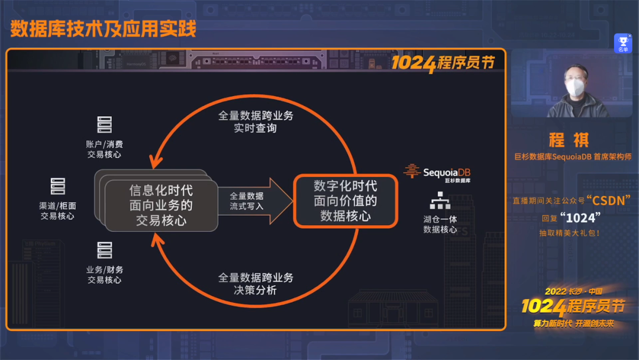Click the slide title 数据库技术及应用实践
(x=103, y=29)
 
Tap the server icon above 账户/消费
(x=105, y=125)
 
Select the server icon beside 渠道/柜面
(x=57, y=187)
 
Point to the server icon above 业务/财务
(x=105, y=250)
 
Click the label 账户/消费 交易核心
(x=105, y=149)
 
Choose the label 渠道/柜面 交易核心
(x=57, y=211)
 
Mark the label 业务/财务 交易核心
(x=105, y=275)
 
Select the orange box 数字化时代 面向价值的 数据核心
(x=346, y=201)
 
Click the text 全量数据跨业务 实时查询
(x=255, y=121)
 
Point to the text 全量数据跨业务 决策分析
(x=255, y=284)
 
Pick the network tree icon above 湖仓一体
(x=440, y=201)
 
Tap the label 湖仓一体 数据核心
(x=440, y=224)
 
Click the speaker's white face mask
(x=575, y=88)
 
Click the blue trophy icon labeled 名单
(x=622, y=43)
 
